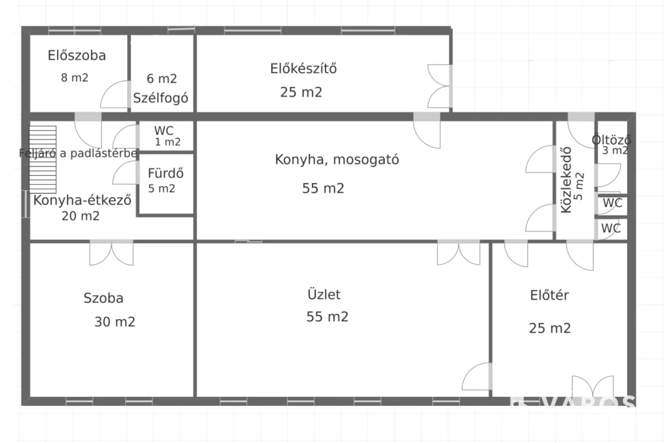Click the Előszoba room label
click(77, 56)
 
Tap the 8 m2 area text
click(75, 78)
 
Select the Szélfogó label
click(161, 99)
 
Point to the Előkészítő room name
click(303, 68)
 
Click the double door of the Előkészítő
click(440, 86)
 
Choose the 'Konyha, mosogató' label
click(337, 160)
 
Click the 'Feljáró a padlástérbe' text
click(78, 154)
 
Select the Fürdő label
click(166, 174)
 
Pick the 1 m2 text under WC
click(167, 143)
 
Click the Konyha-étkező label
click(82, 200)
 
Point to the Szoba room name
click(103, 299)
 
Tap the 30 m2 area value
click(115, 322)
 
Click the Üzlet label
click(324, 294)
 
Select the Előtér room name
click(549, 296)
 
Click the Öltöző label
click(611, 140)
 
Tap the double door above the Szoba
click(111, 252)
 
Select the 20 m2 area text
click(80, 217)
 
